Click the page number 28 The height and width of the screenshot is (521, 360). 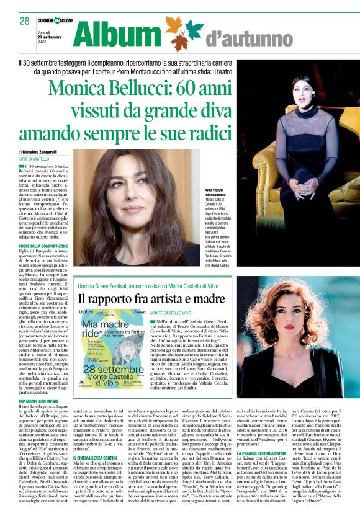point(25,21)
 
